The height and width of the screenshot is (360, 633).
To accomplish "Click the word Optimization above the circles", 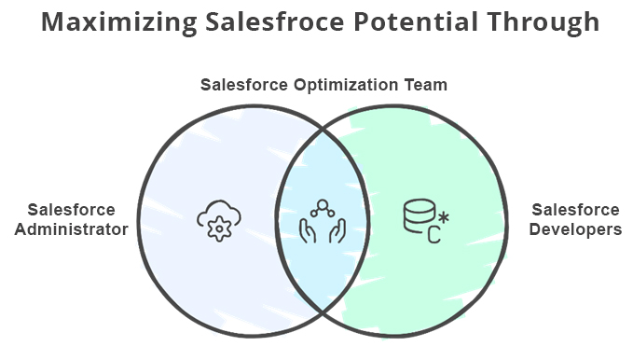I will [344, 85].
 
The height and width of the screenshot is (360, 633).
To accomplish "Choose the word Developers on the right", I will [575, 228].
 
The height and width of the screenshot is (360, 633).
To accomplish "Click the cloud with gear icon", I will [218, 219].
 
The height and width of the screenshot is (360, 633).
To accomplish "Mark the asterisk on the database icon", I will [443, 218].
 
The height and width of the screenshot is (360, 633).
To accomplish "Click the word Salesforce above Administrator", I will [72, 210].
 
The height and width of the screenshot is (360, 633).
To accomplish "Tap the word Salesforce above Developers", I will [575, 210].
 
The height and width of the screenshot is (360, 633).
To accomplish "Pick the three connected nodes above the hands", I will [323, 208].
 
